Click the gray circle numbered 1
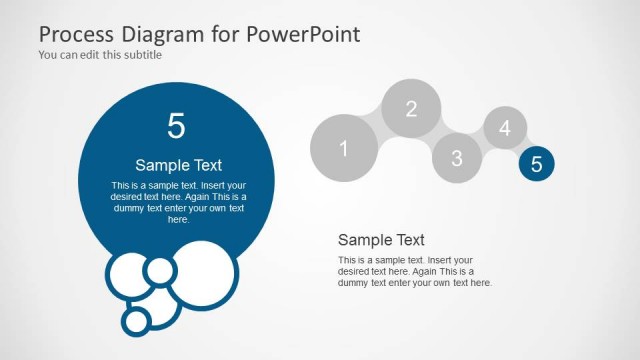click(344, 149)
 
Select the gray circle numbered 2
click(411, 109)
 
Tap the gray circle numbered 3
click(457, 157)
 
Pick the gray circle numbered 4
click(505, 128)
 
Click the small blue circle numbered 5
click(537, 165)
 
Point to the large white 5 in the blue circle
click(177, 126)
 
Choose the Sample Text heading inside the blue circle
click(178, 165)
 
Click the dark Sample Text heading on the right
click(381, 240)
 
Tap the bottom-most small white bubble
click(137, 320)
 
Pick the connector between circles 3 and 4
click(481, 144)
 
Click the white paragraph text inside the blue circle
click(178, 202)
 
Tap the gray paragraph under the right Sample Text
click(414, 272)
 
